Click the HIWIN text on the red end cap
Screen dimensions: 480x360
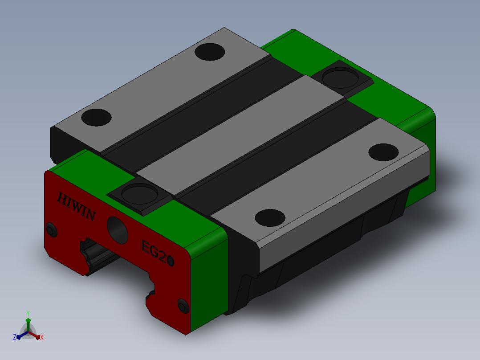pos(76,206)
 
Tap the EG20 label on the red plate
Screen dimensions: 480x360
pos(158,253)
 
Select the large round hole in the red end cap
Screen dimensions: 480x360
pos(118,230)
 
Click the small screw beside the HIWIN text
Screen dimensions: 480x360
pos(52,230)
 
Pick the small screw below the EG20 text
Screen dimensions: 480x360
pos(183,306)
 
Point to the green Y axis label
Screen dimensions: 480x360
pos(28,313)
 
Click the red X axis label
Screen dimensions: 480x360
pos(42,337)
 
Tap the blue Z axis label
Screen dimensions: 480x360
pos(15,337)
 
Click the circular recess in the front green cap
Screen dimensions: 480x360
pos(140,194)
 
